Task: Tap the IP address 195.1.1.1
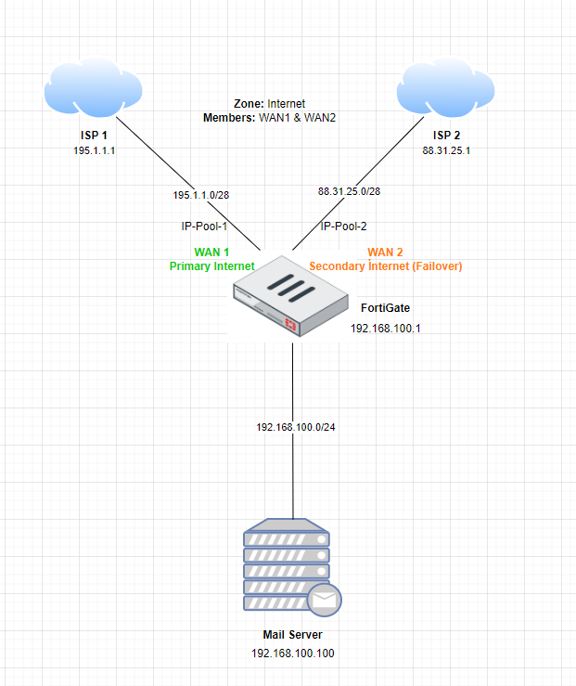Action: click(94, 150)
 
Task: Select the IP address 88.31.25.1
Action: click(446, 150)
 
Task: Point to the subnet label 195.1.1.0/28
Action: click(202, 196)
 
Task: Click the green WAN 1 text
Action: click(211, 252)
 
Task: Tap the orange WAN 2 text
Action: click(386, 252)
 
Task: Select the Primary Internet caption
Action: click(211, 266)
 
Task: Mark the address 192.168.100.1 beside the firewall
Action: click(386, 329)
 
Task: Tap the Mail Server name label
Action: click(293, 635)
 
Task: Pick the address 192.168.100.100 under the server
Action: click(293, 654)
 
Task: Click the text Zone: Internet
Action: click(270, 104)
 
